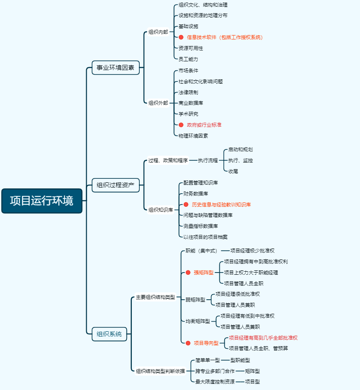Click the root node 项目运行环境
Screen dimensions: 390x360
(42, 201)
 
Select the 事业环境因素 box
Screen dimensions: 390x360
(116, 68)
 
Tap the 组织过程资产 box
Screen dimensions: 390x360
(116, 185)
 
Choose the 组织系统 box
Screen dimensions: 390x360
(109, 334)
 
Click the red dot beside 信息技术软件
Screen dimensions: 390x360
(181, 37)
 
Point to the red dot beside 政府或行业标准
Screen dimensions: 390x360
(181, 125)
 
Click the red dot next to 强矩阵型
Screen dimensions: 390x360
(188, 273)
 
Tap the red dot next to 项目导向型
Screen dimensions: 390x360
(188, 343)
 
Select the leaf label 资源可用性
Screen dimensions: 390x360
(191, 48)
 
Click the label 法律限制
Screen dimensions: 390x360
(188, 92)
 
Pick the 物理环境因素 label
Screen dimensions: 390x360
(193, 136)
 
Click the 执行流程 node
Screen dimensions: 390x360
(208, 160)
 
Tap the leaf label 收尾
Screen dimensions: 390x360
(233, 171)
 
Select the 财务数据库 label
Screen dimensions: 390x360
(196, 194)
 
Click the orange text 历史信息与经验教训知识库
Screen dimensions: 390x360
(221, 205)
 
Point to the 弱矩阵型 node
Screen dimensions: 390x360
(195, 300)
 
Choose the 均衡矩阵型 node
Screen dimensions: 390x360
(198, 321)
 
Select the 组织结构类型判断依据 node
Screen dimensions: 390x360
(160, 371)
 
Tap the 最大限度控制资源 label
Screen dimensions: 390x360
(215, 382)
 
